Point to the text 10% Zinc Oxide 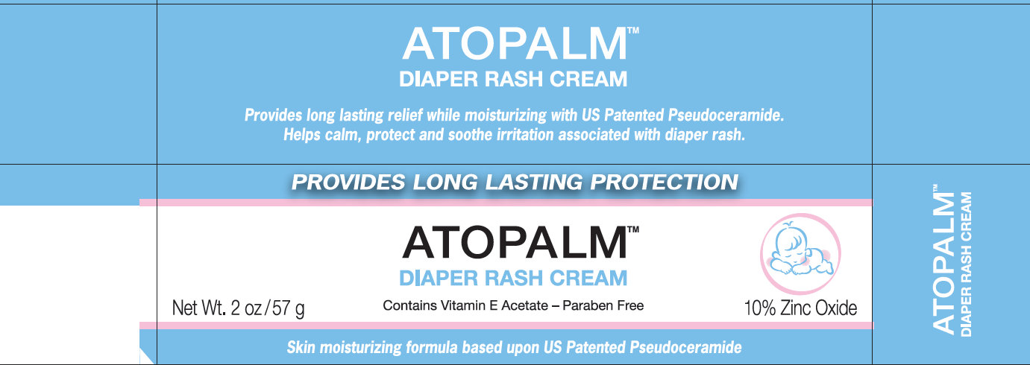click(x=800, y=308)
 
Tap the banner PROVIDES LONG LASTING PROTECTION click(x=515, y=182)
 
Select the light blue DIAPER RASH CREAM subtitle click(x=513, y=279)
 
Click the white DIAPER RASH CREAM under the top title click(x=513, y=78)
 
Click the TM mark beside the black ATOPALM click(x=633, y=232)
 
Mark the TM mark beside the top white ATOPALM click(x=633, y=34)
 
